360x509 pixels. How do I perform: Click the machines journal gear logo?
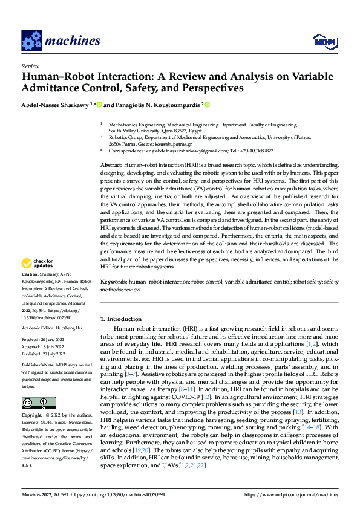30,40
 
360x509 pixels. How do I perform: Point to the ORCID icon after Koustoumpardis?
208,105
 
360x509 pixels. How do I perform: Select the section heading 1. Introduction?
121,319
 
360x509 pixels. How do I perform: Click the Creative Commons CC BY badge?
38,403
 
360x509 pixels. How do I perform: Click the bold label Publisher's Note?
39,366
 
